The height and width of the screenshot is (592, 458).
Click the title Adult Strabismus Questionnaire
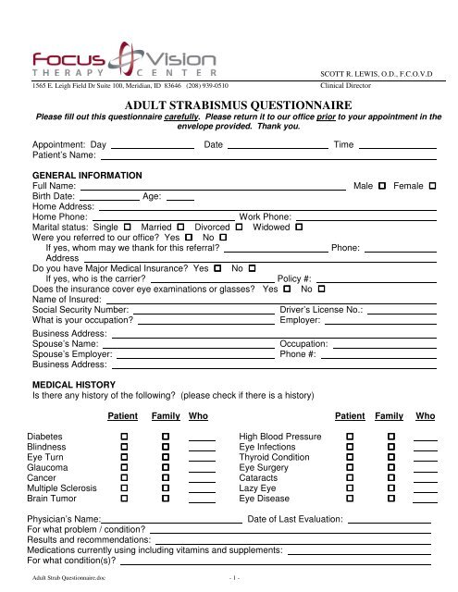[x=229, y=106]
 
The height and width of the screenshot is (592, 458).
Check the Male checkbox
[x=381, y=187]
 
